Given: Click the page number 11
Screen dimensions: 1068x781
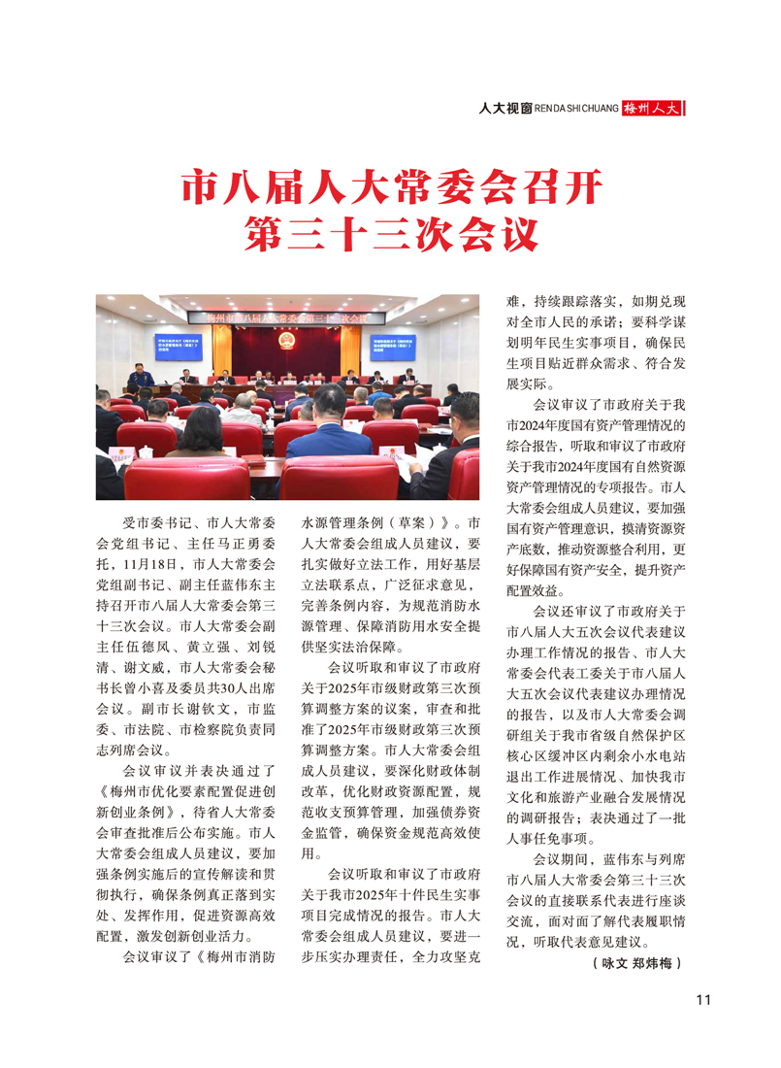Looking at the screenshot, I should tap(704, 1001).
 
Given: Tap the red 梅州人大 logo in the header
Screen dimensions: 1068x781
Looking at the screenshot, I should tap(653, 109).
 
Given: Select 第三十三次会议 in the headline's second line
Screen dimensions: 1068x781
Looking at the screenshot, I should tap(390, 233).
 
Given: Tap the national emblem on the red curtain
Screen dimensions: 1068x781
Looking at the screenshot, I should tap(287, 340).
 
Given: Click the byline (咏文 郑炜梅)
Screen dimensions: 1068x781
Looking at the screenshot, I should tap(636, 964).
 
